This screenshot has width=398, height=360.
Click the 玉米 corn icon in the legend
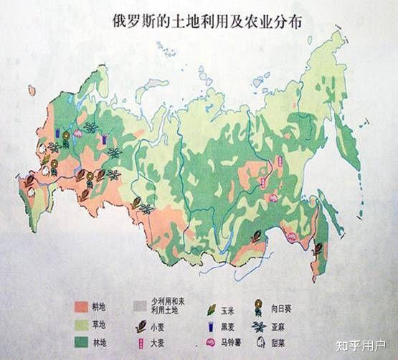pos(212,308)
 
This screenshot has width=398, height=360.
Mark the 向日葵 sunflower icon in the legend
pos(275,308)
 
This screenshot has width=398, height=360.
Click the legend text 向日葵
pos(298,308)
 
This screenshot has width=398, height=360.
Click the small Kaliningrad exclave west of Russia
pos(32,90)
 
